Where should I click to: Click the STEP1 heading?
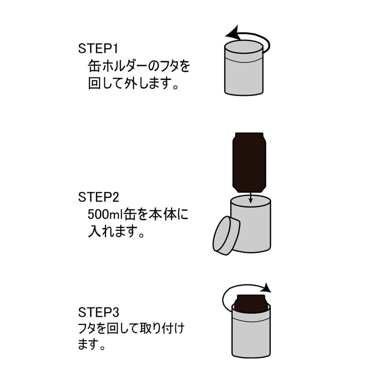[99, 48]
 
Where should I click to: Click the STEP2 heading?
[99, 197]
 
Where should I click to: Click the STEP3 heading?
[99, 313]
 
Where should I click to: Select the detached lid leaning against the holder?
[226, 236]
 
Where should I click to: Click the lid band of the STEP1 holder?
[244, 55]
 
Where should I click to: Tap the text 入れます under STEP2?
[116, 232]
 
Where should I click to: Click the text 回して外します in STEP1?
[133, 84]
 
